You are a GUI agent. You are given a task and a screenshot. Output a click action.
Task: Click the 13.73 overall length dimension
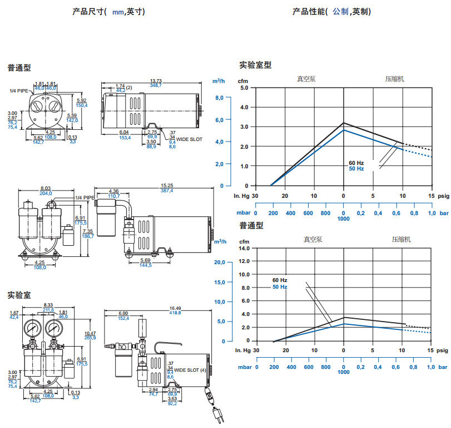click(155, 80)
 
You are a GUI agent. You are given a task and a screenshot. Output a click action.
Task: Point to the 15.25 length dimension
click(166, 185)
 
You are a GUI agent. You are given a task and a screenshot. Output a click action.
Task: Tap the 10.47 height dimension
click(90, 333)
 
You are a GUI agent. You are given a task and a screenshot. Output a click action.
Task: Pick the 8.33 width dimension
click(48, 304)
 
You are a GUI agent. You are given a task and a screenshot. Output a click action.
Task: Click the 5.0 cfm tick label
click(245, 87)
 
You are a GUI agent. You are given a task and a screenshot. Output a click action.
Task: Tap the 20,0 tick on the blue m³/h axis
click(219, 262)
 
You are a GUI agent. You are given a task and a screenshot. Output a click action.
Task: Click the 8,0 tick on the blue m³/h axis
click(219, 98)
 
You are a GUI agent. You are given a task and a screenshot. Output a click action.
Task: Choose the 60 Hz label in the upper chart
click(356, 163)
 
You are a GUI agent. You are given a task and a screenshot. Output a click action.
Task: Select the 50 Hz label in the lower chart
click(280, 286)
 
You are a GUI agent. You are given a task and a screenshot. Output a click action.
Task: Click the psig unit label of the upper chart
click(443, 196)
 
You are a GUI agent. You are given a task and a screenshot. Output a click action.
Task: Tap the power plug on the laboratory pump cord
click(216, 415)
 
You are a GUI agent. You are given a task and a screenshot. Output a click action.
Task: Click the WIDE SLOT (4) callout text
click(190, 370)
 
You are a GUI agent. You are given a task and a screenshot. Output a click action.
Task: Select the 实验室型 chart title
click(255, 65)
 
